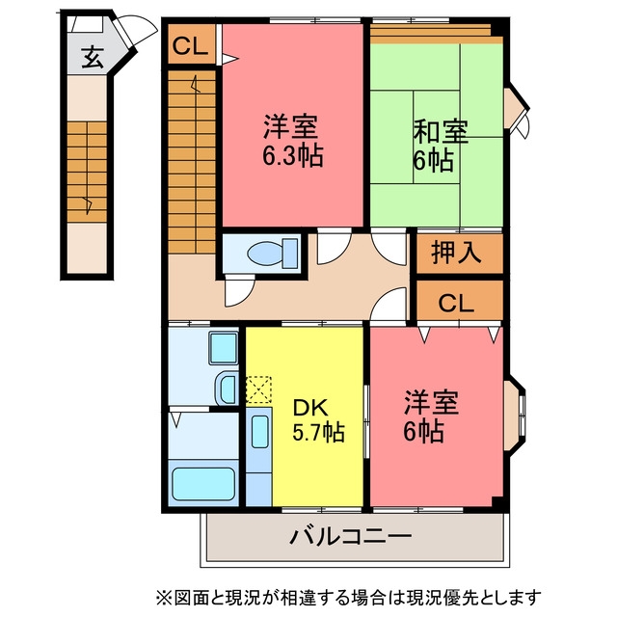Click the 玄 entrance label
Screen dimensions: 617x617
click(x=93, y=58)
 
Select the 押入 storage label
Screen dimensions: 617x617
click(x=456, y=253)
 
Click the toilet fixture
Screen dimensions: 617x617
click(x=273, y=254)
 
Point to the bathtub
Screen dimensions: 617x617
click(x=203, y=484)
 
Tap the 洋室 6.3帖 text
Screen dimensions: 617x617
click(x=293, y=141)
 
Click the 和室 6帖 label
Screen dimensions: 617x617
click(x=440, y=146)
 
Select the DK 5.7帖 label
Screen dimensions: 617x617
click(x=318, y=420)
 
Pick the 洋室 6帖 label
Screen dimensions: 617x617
click(x=431, y=416)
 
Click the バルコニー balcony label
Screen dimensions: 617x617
click(x=351, y=536)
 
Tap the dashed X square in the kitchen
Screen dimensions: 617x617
click(x=258, y=389)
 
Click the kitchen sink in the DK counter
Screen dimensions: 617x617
click(x=259, y=431)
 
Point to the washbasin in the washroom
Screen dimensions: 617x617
click(x=228, y=389)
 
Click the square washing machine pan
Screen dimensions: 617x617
click(x=223, y=348)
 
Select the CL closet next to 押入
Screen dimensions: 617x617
click(x=456, y=303)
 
